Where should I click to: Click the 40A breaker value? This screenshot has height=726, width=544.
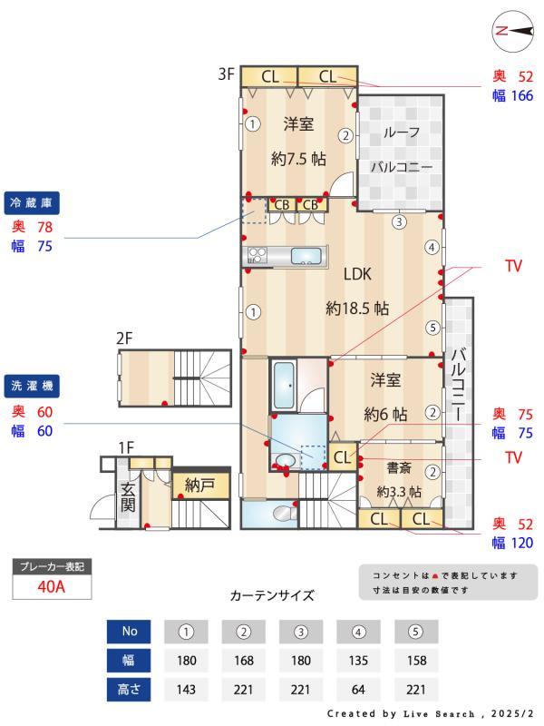tap(51, 586)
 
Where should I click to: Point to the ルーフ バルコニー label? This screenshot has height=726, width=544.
tap(401, 150)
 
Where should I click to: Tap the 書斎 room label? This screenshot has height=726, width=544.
tap(400, 468)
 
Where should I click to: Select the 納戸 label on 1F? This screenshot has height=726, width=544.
tap(199, 485)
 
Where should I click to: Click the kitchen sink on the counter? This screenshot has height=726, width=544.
tap(308, 256)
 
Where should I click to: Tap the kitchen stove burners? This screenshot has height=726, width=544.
tap(256, 256)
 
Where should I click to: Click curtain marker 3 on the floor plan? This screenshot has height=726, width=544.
tap(399, 220)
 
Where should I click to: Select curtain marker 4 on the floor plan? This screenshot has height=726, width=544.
tap(433, 247)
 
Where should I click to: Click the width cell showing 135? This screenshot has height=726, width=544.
tap(358, 660)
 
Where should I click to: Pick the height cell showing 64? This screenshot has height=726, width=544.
tap(358, 690)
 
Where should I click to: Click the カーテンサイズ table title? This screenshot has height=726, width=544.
tap(272, 596)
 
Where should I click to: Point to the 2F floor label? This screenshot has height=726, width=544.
tap(124, 338)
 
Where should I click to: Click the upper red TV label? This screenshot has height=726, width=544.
tap(513, 267)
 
